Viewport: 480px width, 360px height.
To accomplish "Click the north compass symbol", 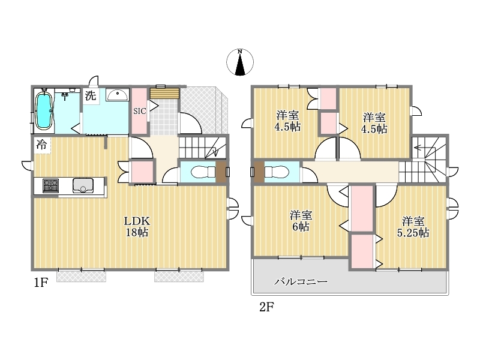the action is click(x=240, y=62).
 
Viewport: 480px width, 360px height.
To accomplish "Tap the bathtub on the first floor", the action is click(x=43, y=110).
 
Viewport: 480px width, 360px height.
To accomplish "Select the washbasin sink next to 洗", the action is click(x=117, y=95).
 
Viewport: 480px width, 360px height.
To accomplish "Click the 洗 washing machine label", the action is click(x=91, y=95).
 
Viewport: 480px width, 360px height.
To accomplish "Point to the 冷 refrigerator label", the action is click(x=41, y=144).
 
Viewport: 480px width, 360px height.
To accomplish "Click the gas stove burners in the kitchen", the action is click(x=51, y=185).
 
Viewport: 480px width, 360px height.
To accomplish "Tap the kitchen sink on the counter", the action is click(x=83, y=185).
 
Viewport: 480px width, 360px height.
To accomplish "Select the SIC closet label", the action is click(x=140, y=111).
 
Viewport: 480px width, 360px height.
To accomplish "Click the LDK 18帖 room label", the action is click(x=137, y=226).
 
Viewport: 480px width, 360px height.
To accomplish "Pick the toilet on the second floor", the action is click(x=277, y=172).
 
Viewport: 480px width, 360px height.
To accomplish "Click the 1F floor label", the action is click(x=41, y=283).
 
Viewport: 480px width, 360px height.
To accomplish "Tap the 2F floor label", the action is click(x=266, y=307).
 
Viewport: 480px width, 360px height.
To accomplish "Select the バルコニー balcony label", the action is click(x=301, y=281).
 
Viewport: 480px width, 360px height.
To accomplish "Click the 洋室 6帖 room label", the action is click(x=301, y=221).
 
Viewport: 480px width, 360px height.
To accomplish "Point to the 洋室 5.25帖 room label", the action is click(x=413, y=227).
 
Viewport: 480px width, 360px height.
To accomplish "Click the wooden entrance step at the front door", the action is click(x=164, y=94).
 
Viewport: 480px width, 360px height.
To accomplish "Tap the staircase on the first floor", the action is click(x=202, y=147).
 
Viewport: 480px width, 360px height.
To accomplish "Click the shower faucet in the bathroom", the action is click(x=65, y=97).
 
